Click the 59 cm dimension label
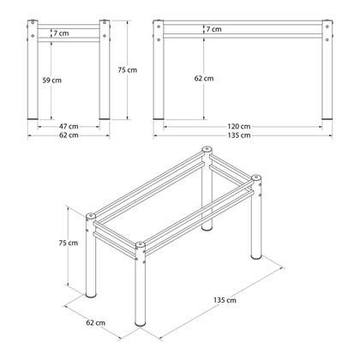click(x=51, y=80)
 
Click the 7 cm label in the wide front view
click(x=213, y=30)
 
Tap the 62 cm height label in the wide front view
click(x=204, y=78)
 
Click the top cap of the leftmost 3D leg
click(x=91, y=215)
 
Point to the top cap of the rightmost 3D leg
click(x=255, y=180)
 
